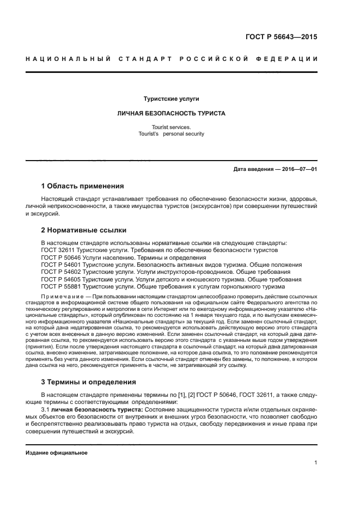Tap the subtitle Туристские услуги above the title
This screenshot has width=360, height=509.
click(171, 99)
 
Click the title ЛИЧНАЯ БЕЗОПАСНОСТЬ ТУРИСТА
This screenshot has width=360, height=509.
click(172, 114)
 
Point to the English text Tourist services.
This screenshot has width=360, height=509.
click(172, 127)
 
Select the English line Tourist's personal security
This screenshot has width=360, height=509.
click(172, 133)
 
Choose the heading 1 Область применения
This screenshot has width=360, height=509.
click(82, 186)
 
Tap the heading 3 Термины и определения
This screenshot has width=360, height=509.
click(89, 382)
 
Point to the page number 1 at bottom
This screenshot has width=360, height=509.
click(315, 463)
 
